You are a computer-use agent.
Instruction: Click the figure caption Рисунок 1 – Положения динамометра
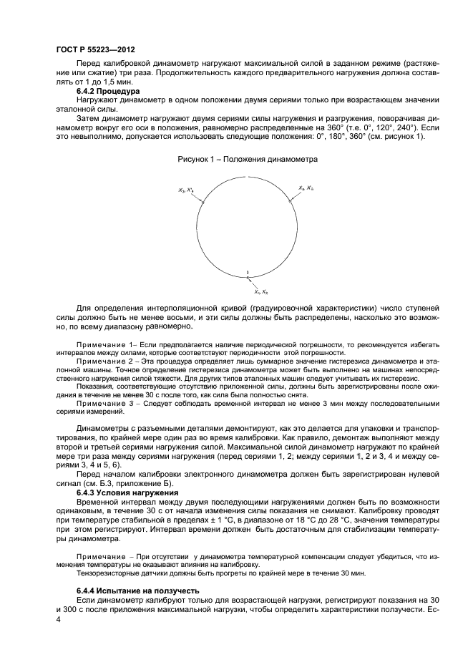(248, 159)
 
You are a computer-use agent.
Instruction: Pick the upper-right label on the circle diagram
(306, 188)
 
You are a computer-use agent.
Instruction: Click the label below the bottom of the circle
(261, 292)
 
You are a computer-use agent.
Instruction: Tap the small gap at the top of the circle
(247, 176)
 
